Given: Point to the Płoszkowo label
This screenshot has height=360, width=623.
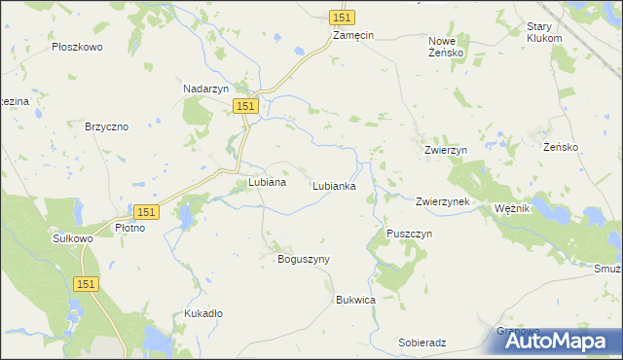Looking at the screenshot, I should pyautogui.click(x=78, y=47).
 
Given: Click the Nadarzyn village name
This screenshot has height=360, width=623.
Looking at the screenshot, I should pyautogui.click(x=206, y=89).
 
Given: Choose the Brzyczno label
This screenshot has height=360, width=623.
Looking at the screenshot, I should pyautogui.click(x=107, y=126).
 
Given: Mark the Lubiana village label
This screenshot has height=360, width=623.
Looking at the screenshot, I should pyautogui.click(x=267, y=182).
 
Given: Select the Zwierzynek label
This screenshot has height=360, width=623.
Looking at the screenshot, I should pyautogui.click(x=443, y=201).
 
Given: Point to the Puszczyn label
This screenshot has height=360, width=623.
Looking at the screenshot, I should pyautogui.click(x=409, y=234).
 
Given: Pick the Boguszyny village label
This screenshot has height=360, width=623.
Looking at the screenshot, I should pyautogui.click(x=305, y=259).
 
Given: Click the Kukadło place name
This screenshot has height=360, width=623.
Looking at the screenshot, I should pyautogui.click(x=203, y=313).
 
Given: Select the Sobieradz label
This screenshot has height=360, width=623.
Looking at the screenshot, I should pyautogui.click(x=422, y=343).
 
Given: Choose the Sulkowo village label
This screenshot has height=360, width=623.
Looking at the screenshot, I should pyautogui.click(x=71, y=236).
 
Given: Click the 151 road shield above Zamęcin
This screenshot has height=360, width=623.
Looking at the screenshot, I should pyautogui.click(x=342, y=18).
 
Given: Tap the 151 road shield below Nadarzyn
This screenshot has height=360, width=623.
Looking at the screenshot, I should pyautogui.click(x=245, y=106).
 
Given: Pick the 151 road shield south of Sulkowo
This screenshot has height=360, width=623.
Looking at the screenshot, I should pyautogui.click(x=85, y=282).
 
